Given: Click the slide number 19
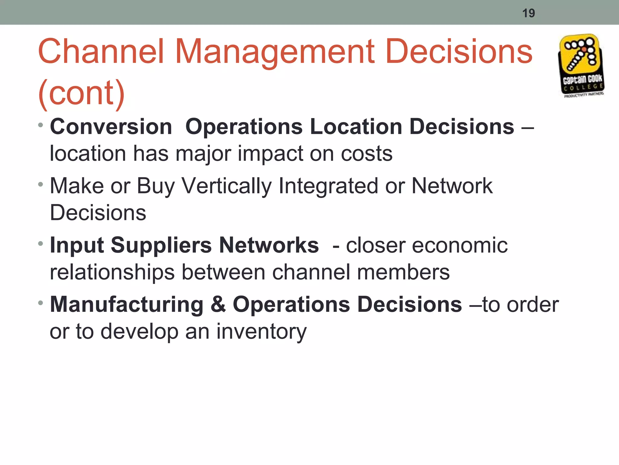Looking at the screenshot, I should tap(528, 13).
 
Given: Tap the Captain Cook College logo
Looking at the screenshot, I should tap(581, 66).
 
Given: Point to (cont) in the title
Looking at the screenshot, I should tap(82, 93).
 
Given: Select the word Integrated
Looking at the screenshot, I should tap(328, 186).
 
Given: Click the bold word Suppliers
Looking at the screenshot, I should tap(161, 245).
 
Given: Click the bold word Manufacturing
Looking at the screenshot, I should tap(127, 304).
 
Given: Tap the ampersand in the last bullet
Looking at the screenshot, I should tap(218, 304).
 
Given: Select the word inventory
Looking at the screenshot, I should tap(261, 331).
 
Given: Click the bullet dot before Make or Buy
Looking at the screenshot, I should tap(41, 184).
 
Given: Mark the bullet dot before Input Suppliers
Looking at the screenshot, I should tap(41, 243).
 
